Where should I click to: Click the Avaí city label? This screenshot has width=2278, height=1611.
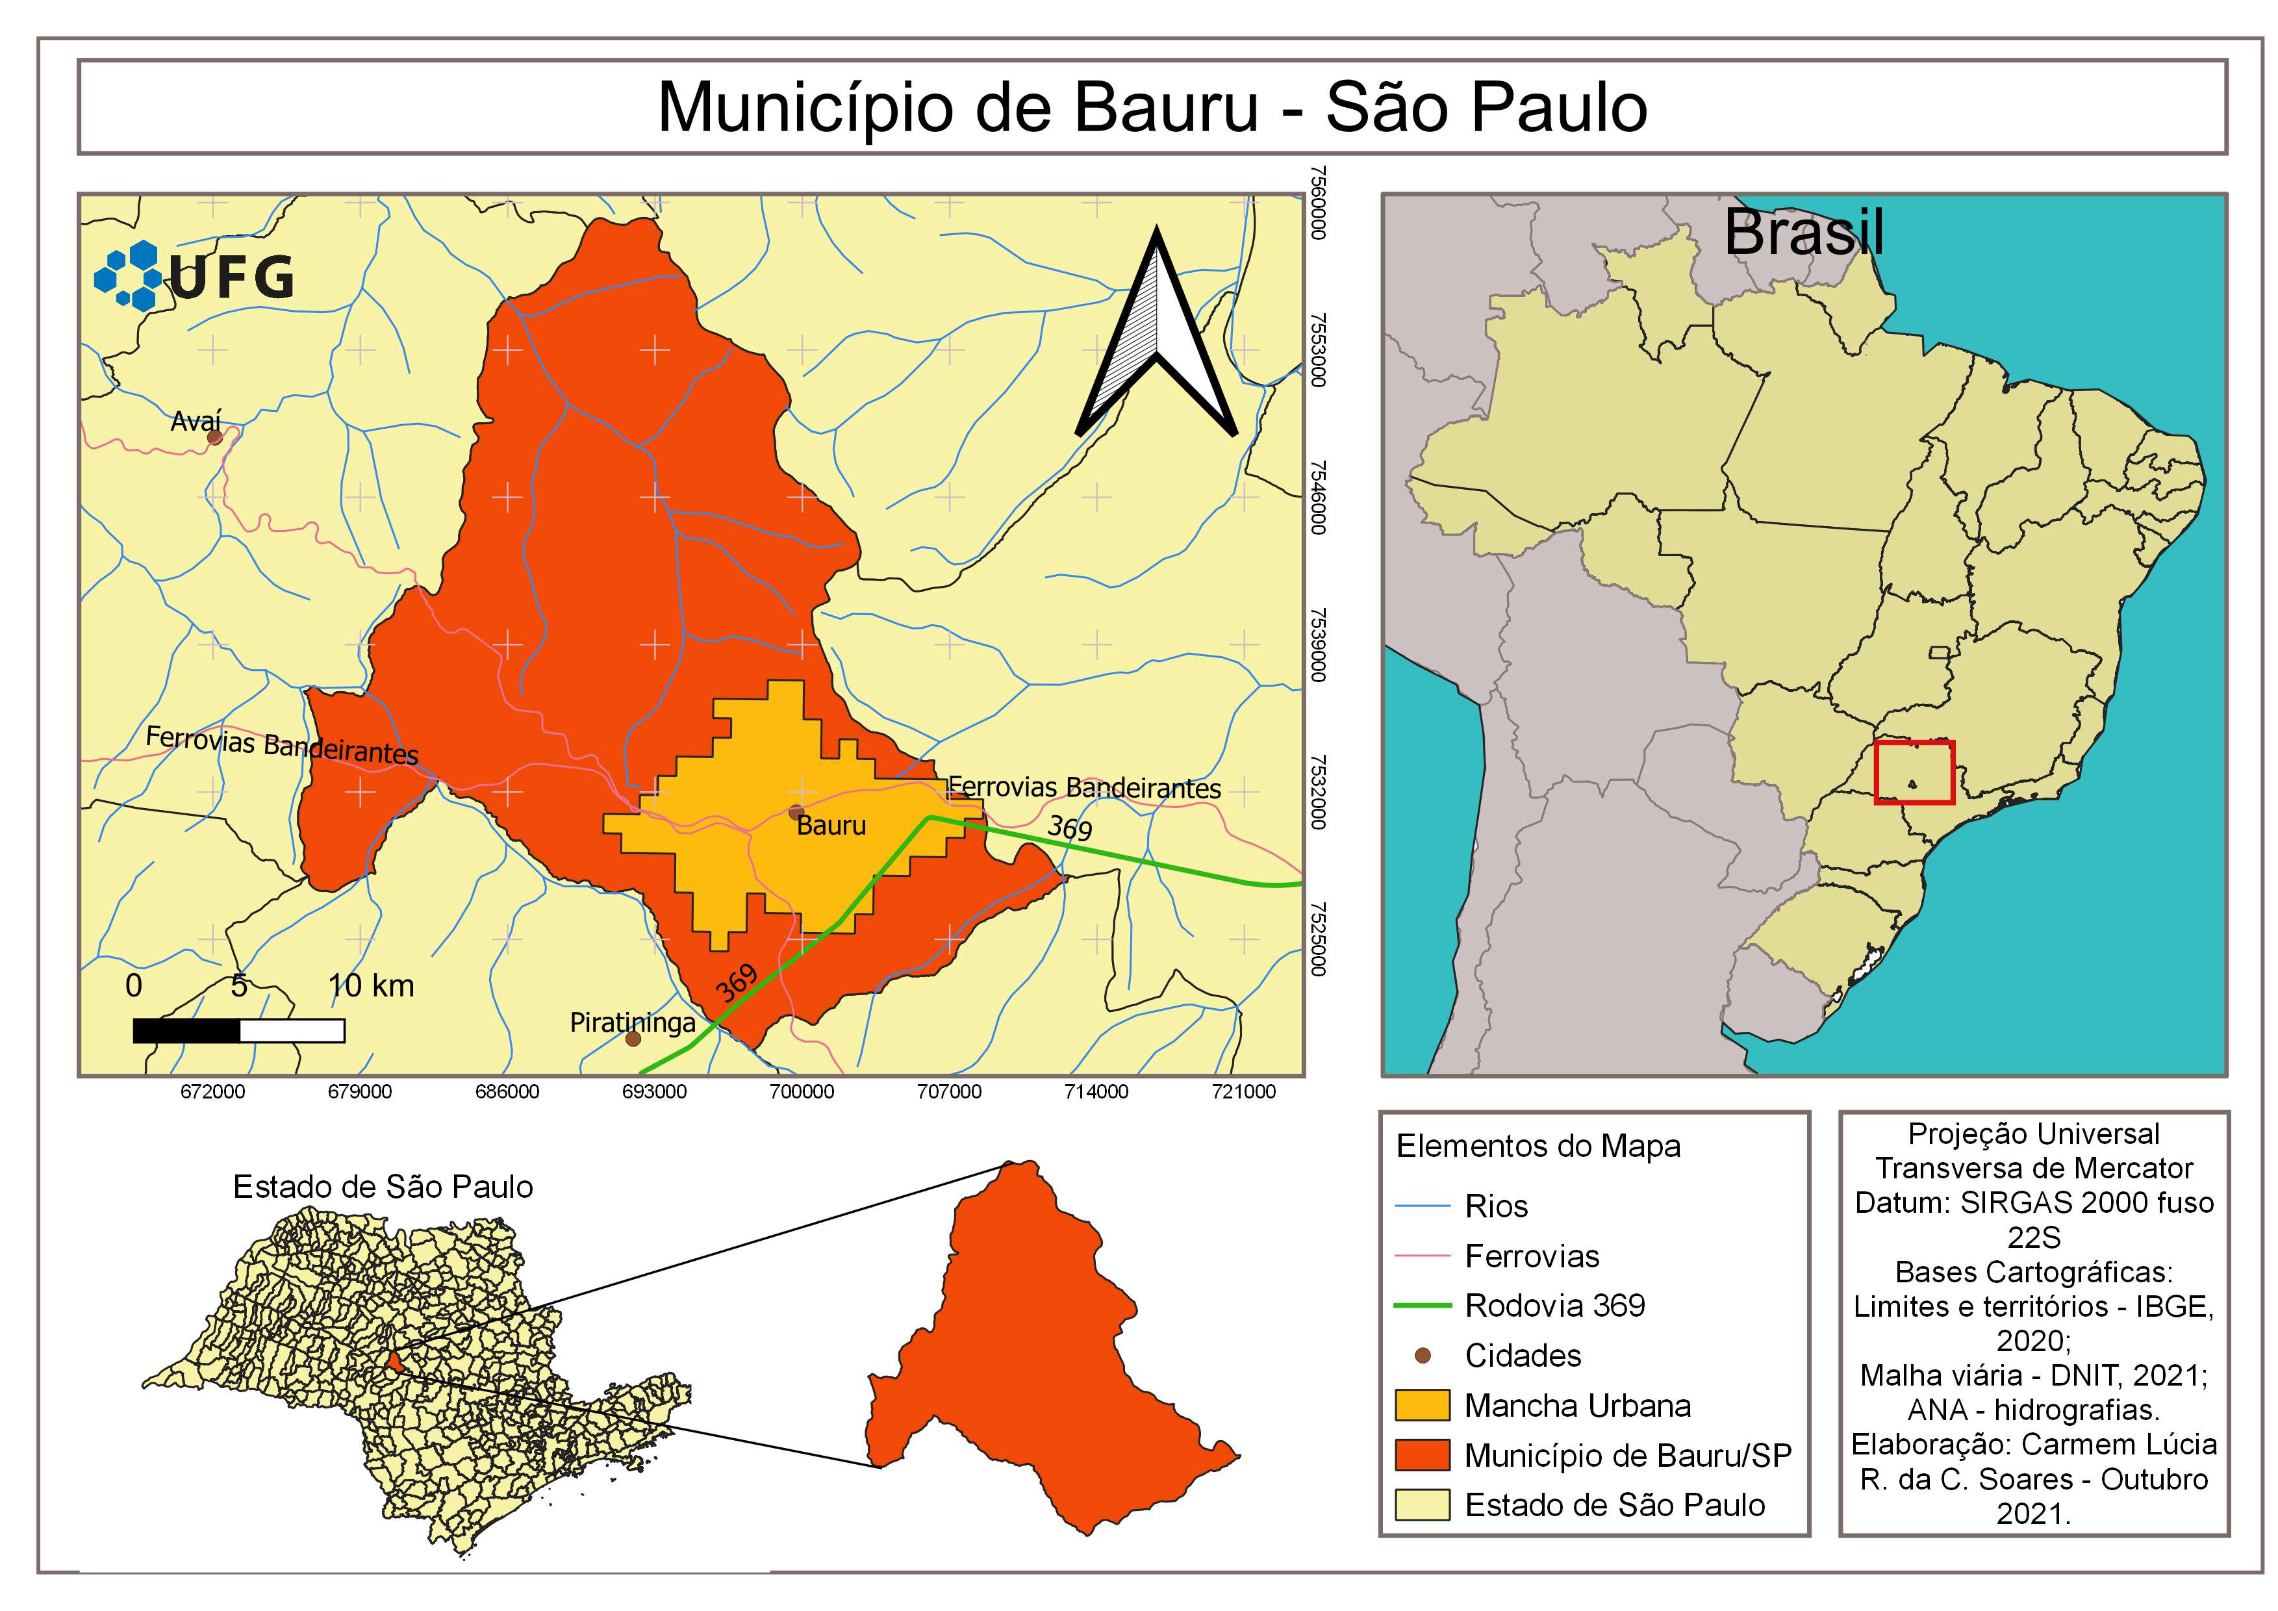coord(196,422)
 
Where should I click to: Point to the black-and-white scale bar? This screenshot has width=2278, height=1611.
coord(238,1031)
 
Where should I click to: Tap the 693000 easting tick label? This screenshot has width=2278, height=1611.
coord(655,1092)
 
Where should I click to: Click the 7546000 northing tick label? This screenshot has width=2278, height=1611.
coord(1317,497)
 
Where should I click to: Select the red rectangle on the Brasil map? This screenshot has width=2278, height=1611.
coord(1914,772)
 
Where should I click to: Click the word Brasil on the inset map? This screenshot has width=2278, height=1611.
coord(1804,234)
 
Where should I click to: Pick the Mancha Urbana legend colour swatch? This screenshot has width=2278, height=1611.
coord(1422,1406)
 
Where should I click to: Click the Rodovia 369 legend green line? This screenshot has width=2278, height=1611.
coord(1422,1306)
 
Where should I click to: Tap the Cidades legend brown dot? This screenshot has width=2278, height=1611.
coord(1422,1355)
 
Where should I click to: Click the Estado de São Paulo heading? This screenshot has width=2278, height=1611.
coord(383,1186)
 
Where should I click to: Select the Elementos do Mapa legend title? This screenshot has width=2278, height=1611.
coord(1538,1147)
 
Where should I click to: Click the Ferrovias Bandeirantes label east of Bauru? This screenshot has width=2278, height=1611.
coord(1083,789)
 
